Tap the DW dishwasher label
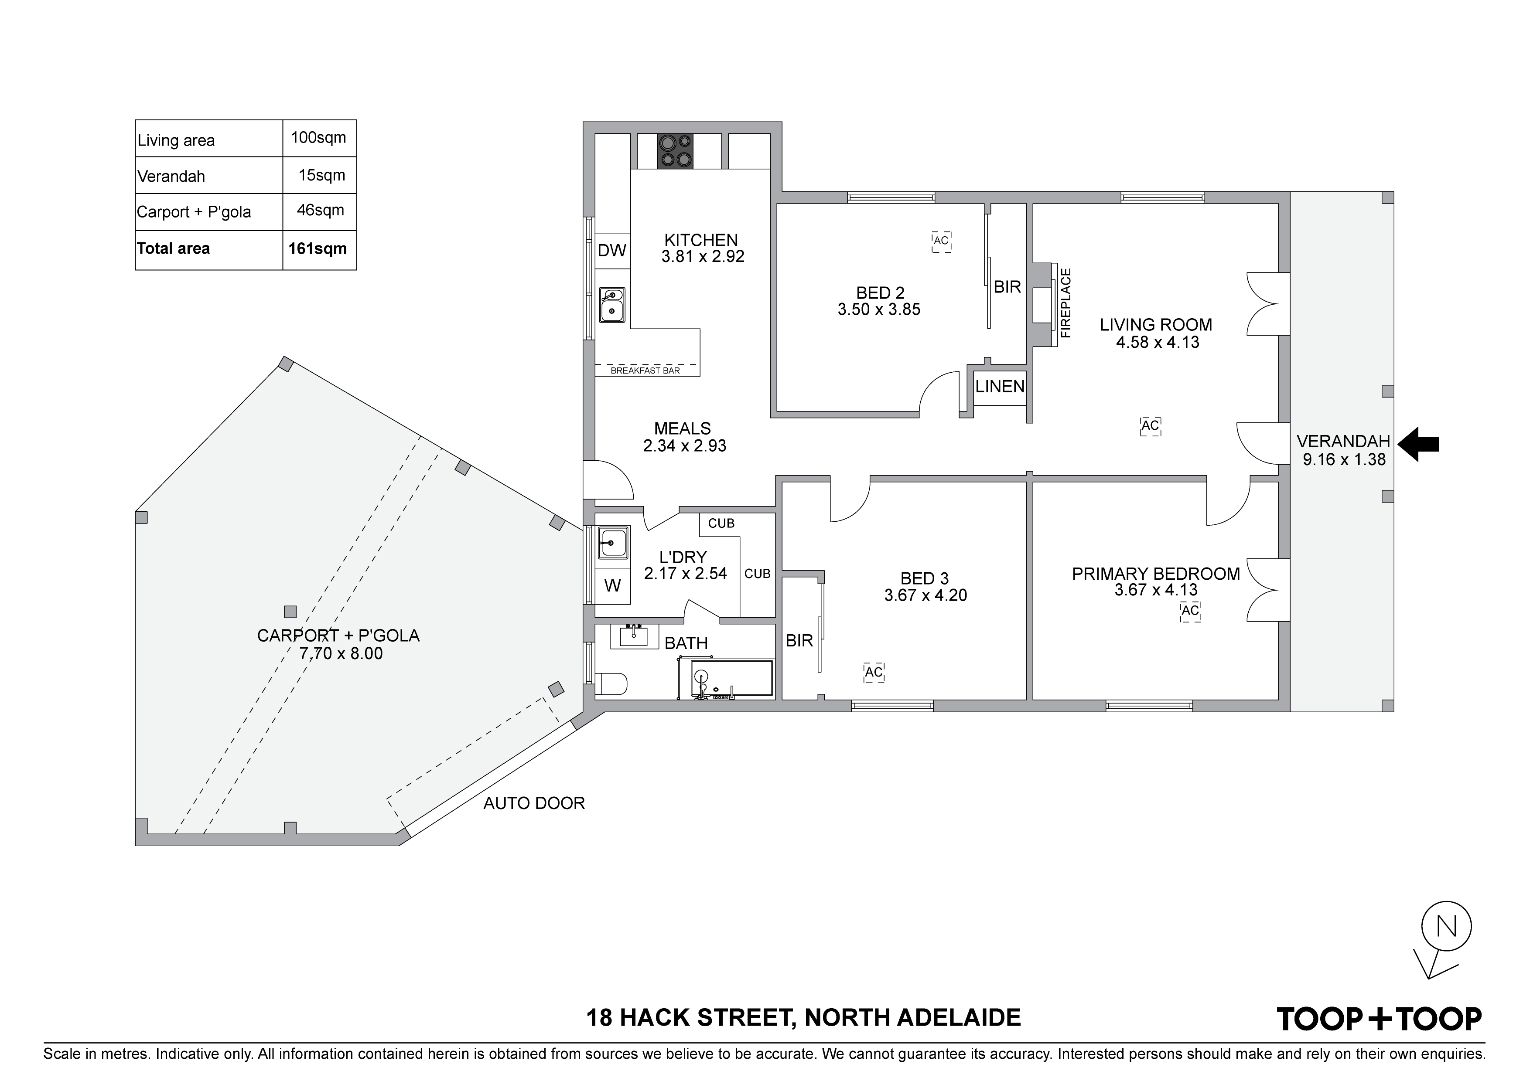coord(612,251)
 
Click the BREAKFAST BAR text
coord(645,371)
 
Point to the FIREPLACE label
coord(1066,303)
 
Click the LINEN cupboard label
coord(1000,386)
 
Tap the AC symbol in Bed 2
coord(941,241)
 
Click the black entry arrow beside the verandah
coord(1418,444)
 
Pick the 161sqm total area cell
coord(318,248)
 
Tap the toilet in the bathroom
coord(611,683)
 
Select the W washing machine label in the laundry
coord(612,585)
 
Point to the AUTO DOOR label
coord(534,803)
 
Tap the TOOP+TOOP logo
coord(1379,1018)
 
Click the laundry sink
coord(612,543)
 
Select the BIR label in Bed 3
coord(799,641)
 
